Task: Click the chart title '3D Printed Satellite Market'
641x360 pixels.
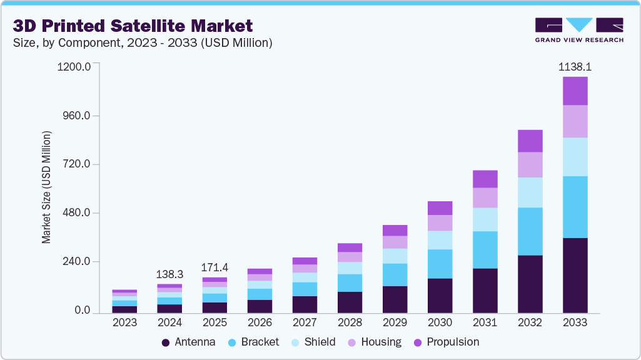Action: [133, 26]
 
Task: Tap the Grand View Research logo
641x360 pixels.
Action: [578, 30]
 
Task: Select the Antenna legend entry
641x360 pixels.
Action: [188, 342]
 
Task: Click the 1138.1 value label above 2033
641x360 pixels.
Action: [575, 66]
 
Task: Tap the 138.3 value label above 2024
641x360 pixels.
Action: [170, 274]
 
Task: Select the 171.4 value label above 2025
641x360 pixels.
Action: [215, 267]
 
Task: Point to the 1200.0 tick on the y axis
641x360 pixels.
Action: [74, 66]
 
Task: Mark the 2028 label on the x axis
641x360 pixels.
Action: [350, 323]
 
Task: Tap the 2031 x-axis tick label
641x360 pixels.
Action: [485, 323]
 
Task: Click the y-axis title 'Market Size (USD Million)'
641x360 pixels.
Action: [46, 187]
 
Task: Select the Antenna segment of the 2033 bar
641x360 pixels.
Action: [575, 275]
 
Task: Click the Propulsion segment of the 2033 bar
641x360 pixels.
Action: [575, 91]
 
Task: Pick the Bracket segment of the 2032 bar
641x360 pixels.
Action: [530, 231]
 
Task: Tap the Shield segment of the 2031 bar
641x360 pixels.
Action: [485, 219]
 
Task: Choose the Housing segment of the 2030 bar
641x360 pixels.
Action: [440, 223]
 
